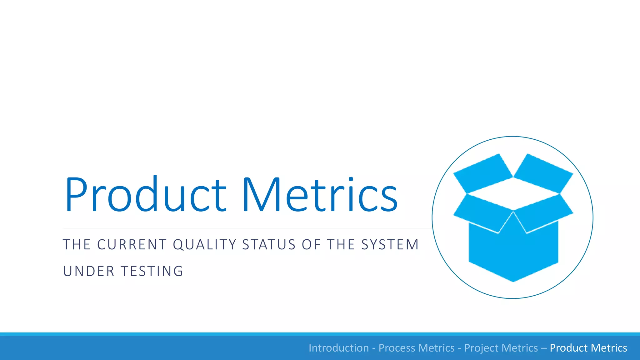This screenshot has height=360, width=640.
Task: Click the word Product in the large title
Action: pos(145,194)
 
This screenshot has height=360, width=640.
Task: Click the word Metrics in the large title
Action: pos(319,194)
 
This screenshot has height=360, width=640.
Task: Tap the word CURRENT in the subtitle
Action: pos(132,245)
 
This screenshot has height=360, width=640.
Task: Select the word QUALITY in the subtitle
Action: pos(205,245)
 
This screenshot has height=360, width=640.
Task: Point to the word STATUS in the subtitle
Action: pos(269,245)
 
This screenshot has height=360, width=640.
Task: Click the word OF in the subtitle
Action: pos(311,245)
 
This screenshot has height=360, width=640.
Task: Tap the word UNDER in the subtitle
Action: pos(89,271)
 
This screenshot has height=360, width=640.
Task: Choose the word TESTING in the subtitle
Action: pos(152,271)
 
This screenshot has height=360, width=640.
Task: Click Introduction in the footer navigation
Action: pos(339,348)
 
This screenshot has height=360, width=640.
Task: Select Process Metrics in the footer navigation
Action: pos(417,348)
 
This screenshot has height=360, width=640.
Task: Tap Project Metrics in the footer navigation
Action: pos(501,348)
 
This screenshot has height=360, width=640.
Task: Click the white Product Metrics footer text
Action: pos(588,348)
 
